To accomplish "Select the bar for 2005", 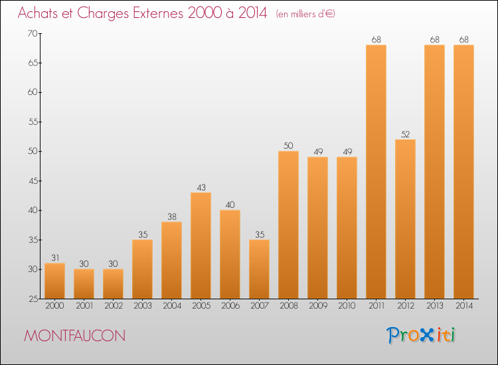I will [201, 246].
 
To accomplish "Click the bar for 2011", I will [376, 172].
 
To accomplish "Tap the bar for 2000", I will [54, 281].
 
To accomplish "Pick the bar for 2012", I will [405, 219].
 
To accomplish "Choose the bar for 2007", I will [259, 269].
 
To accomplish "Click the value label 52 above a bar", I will [405, 134].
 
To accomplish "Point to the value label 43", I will [201, 187].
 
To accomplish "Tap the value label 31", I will [54, 257].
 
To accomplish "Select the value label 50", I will [288, 145].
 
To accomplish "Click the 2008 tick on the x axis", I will [288, 307].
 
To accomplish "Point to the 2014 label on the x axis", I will [463, 307].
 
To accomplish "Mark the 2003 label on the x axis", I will [142, 307].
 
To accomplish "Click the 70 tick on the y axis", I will [32, 34].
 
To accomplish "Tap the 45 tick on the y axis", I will [32, 181].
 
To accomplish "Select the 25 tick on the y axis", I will [32, 299].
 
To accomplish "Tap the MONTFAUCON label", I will [74, 336].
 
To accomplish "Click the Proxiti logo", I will [422, 335].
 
